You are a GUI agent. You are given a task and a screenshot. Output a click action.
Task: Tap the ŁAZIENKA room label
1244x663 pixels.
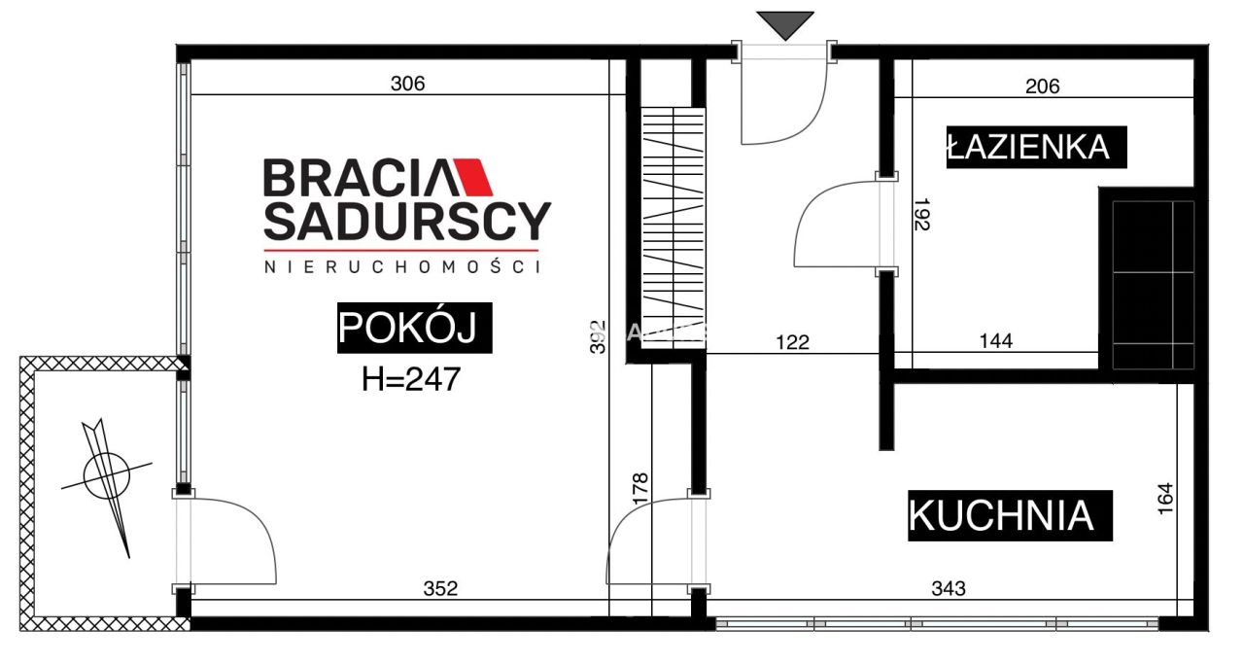click(x=1028, y=147)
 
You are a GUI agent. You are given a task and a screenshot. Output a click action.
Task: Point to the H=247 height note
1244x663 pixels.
click(x=410, y=378)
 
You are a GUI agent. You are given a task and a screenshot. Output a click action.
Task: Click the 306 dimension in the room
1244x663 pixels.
click(x=407, y=84)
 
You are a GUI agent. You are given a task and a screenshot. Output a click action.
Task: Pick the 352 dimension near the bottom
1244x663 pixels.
click(x=439, y=588)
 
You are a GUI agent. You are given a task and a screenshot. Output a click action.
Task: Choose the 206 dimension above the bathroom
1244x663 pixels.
click(x=1042, y=87)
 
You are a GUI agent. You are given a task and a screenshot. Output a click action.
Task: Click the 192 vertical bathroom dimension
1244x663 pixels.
click(x=922, y=216)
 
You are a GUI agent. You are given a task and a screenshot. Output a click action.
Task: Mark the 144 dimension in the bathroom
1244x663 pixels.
click(x=996, y=341)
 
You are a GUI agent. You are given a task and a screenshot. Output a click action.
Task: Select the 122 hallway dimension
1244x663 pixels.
click(x=792, y=341)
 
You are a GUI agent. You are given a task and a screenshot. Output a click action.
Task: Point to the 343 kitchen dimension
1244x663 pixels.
click(x=948, y=588)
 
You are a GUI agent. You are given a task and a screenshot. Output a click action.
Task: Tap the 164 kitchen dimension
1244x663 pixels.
click(x=1167, y=499)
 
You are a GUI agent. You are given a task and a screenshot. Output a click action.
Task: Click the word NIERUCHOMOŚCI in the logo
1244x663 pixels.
click(x=401, y=265)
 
